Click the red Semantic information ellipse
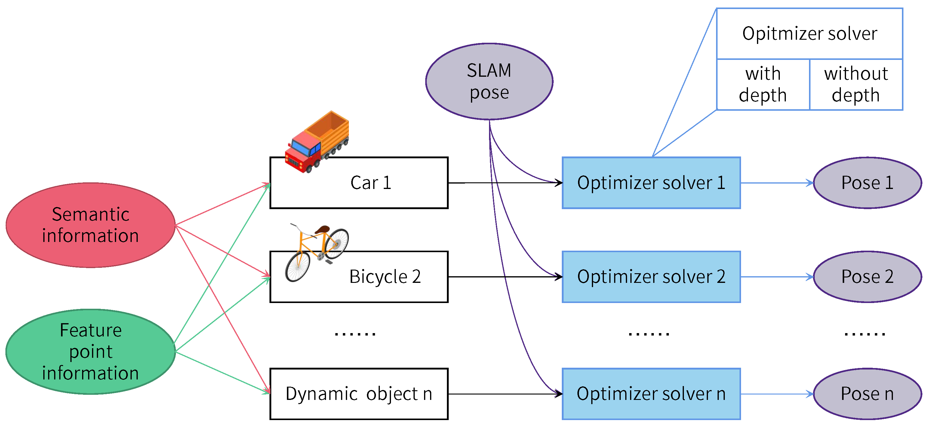90,225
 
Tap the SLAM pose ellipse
489,81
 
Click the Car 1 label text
371,183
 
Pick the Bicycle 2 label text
385,277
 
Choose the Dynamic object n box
359,394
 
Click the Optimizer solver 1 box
651,183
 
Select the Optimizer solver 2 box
651,277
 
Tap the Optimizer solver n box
651,394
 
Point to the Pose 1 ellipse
867,183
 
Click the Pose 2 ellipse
867,277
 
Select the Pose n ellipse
867,394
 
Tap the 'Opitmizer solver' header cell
809,33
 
